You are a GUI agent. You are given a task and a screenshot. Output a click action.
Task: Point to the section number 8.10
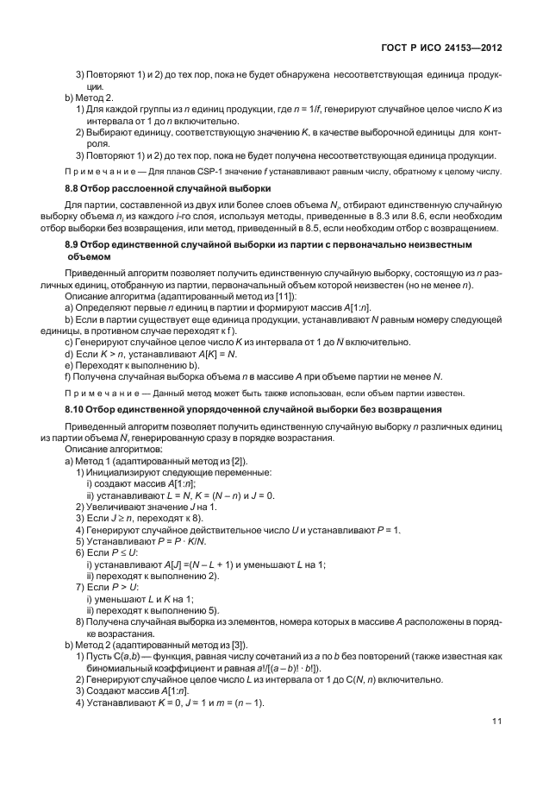76,407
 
